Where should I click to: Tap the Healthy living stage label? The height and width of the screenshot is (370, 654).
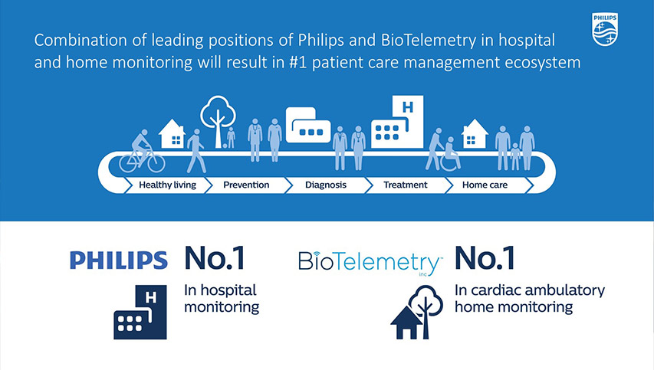point(167,185)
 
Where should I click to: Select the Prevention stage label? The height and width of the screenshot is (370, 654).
point(246,185)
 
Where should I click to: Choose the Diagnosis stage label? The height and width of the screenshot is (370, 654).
point(326,185)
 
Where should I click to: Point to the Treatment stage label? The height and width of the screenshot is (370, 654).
point(405,185)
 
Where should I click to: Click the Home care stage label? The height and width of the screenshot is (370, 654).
point(485,185)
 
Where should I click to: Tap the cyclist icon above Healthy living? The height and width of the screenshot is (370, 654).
point(143,152)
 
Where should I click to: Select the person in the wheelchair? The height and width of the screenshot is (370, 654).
point(450,154)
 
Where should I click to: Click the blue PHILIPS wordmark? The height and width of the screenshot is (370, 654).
point(118,260)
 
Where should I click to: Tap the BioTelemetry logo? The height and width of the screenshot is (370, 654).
point(369,262)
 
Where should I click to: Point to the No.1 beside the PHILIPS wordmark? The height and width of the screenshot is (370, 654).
point(215,259)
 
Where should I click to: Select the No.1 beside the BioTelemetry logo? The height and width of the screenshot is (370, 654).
point(485,259)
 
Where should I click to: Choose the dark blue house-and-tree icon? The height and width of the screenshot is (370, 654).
point(414,313)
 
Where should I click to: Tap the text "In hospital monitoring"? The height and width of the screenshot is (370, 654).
point(222,299)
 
